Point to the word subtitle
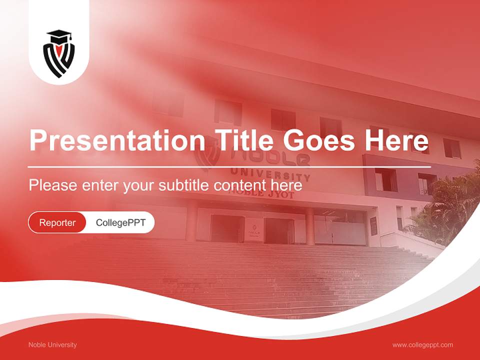[x=185, y=185]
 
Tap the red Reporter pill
[x=57, y=222]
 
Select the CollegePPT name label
[x=120, y=222]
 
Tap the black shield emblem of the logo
[x=59, y=59]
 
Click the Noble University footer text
[x=52, y=345]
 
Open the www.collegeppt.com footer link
[x=422, y=345]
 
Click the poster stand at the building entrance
[x=253, y=232]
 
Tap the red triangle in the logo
[x=59, y=50]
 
